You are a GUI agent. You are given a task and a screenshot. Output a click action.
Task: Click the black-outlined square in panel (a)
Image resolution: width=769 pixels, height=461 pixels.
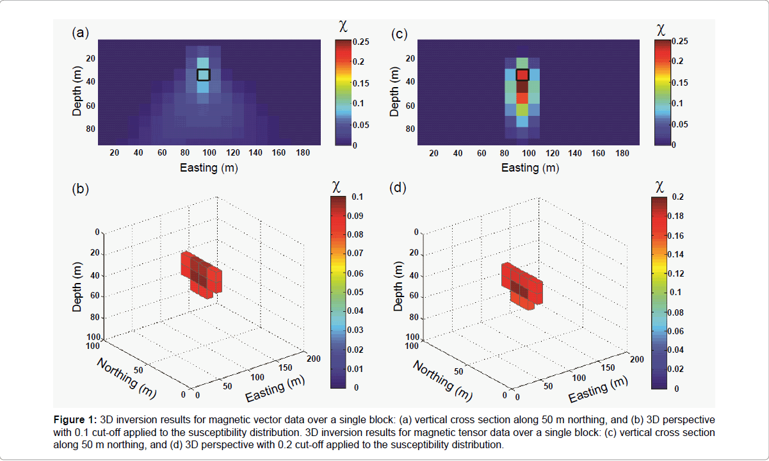click(x=203, y=74)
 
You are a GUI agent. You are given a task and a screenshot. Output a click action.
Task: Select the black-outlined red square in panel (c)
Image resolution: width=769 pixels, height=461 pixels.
click(x=522, y=74)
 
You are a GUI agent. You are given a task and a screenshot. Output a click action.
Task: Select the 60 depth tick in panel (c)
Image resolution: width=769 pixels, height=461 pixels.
click(x=410, y=105)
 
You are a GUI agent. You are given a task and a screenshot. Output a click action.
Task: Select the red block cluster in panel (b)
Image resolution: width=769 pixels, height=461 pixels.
click(x=201, y=274)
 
